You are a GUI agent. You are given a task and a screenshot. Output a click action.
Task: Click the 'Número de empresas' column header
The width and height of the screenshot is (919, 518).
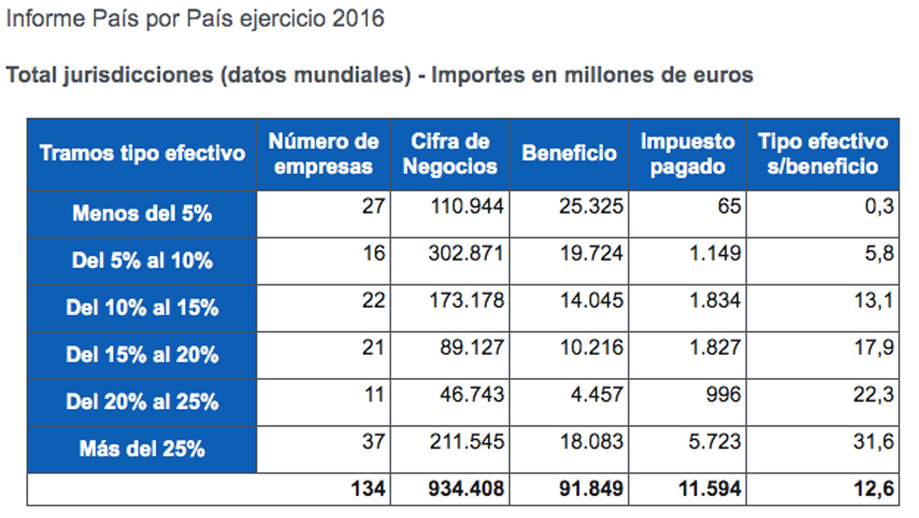[324, 154]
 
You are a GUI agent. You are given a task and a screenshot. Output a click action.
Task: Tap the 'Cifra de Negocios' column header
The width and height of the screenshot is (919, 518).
[450, 154]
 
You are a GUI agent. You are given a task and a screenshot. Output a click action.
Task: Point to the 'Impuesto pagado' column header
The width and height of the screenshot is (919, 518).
[688, 154]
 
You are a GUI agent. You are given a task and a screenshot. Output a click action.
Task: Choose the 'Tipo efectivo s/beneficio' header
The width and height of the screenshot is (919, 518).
[823, 154]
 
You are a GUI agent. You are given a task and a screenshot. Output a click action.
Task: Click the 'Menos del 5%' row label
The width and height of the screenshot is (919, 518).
[142, 213]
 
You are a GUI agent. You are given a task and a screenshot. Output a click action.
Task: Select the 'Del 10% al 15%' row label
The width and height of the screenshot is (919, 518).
[142, 307]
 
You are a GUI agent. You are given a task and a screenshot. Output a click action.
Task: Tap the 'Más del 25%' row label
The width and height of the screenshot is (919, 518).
[142, 449]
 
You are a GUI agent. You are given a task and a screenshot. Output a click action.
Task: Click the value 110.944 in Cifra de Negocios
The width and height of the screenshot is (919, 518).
[467, 206]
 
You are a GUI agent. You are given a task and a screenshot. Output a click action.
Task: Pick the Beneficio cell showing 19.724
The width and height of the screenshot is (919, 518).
[591, 253]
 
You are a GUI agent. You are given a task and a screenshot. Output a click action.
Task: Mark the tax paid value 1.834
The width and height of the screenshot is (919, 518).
[715, 301]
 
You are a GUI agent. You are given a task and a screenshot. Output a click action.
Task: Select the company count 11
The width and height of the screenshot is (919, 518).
[375, 394]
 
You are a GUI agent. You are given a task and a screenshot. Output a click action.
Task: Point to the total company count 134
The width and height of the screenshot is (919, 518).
[368, 489]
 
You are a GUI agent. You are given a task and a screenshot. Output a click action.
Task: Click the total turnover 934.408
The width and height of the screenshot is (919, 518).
[466, 489]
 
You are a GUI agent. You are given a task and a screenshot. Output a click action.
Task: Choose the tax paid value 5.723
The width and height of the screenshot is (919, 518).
[715, 441]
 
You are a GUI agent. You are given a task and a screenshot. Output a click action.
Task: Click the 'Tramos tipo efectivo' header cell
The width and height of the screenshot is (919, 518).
[142, 154]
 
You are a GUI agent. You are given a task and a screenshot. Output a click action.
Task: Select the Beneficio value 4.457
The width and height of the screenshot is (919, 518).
[597, 394]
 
